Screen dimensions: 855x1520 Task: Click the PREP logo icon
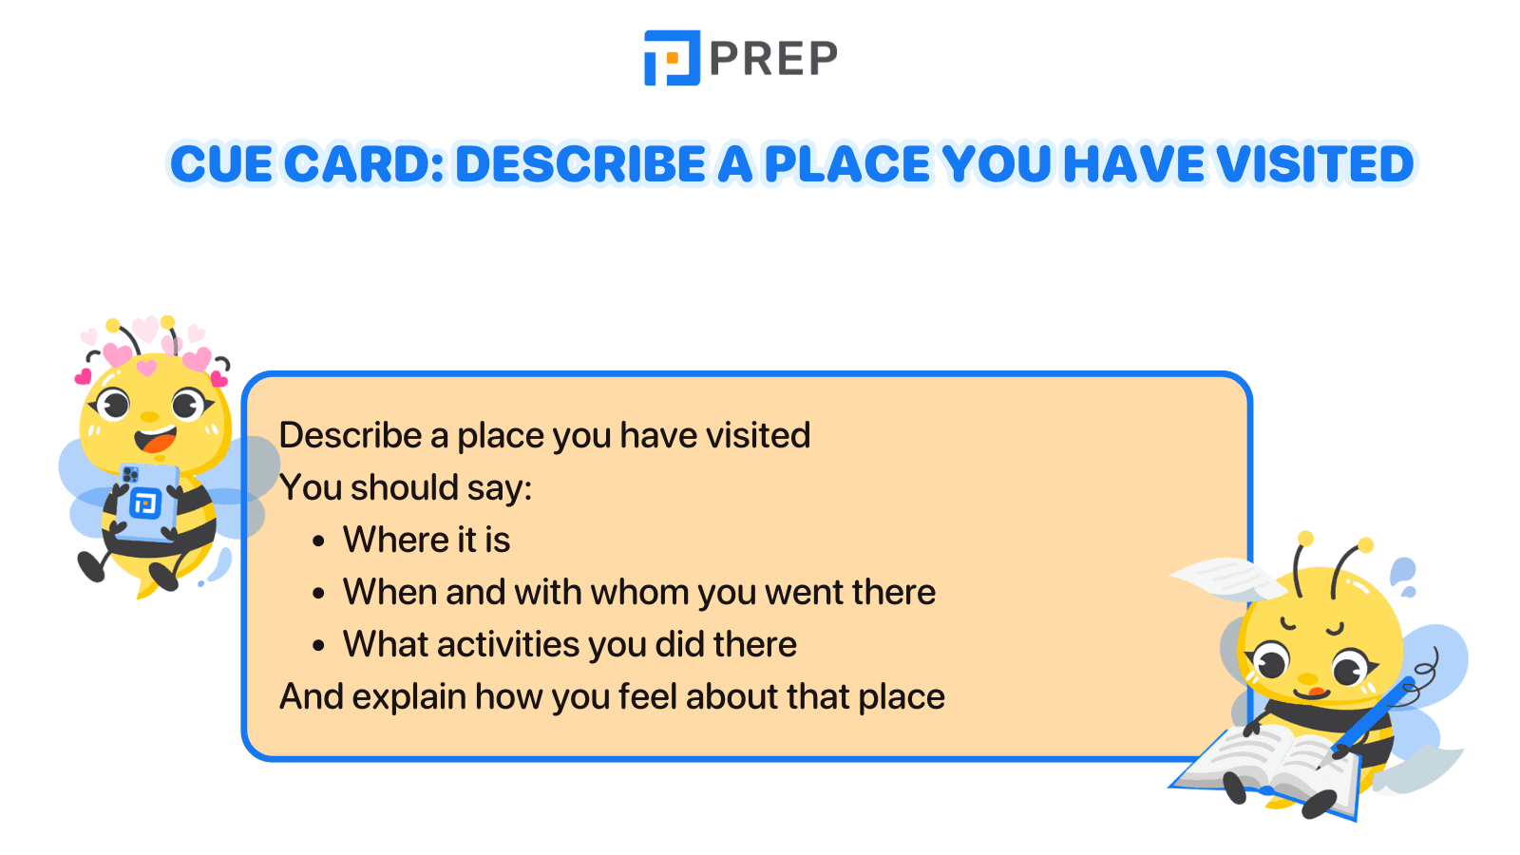tap(672, 58)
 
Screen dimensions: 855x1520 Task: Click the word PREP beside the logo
tap(773, 59)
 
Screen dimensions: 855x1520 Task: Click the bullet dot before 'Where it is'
tap(319, 541)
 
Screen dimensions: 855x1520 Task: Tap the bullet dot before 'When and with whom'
tap(319, 594)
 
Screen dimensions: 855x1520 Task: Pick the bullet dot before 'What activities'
tap(319, 646)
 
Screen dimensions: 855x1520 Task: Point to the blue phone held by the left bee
tap(147, 501)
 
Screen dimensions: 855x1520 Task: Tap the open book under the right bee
tap(1273, 760)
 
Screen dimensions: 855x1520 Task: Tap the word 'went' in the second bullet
tap(803, 592)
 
